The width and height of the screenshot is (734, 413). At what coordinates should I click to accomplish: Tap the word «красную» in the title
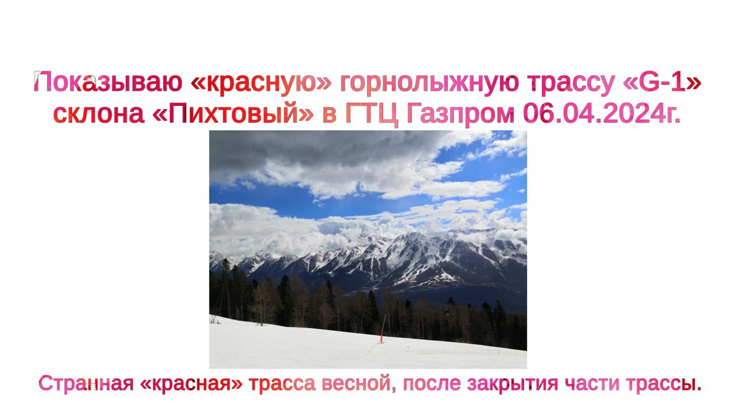coord(261,84)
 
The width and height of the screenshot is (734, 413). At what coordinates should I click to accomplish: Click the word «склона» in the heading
coord(98,115)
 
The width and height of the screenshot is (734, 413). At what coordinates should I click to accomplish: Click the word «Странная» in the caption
coord(85,383)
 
